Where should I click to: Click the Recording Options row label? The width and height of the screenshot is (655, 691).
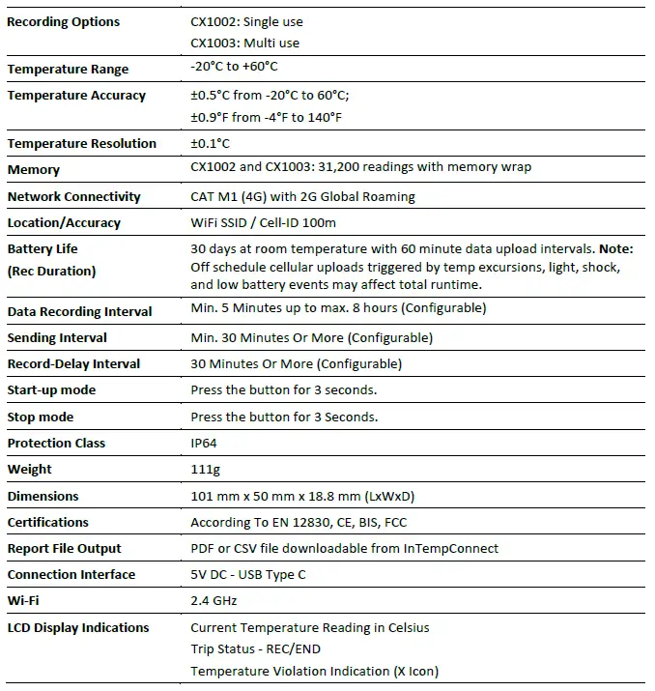tap(64, 21)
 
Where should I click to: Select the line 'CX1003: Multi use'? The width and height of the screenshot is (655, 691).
tap(244, 43)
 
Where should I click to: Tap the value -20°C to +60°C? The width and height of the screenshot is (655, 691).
tap(235, 67)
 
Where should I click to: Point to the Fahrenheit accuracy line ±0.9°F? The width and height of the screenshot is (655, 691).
tap(266, 117)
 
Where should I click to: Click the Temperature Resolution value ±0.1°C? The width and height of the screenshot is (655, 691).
tap(211, 143)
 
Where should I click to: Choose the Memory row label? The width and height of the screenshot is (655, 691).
tap(34, 170)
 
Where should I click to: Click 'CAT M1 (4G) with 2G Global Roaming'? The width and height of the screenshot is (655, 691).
tap(302, 196)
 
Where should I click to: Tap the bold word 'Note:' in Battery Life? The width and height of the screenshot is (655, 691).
tap(615, 248)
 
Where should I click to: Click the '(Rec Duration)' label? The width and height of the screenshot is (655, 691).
tap(51, 272)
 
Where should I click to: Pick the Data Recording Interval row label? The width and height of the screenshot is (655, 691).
tap(79, 312)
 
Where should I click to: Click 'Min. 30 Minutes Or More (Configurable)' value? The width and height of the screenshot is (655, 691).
tap(311, 337)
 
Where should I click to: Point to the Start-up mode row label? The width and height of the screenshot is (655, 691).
tap(51, 390)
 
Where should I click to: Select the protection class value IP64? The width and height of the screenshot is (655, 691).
tap(205, 443)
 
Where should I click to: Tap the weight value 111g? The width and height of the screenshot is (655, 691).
tap(205, 469)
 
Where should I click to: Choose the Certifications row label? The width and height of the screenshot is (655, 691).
tap(48, 523)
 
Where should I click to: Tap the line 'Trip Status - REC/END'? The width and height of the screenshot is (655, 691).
tap(256, 649)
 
